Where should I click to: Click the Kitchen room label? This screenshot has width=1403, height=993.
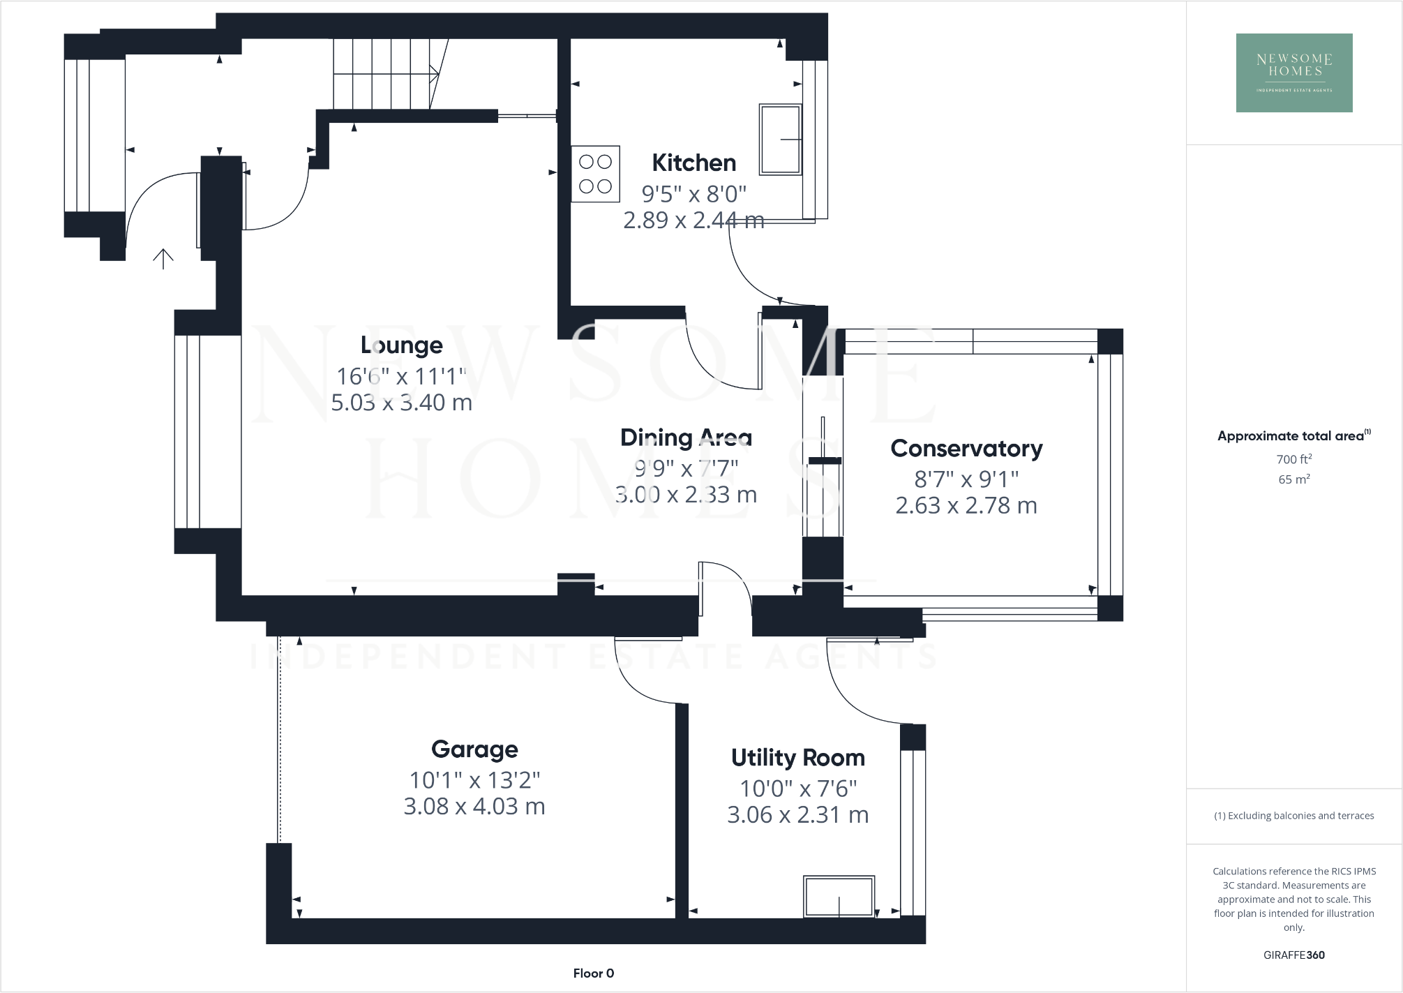pos(693,163)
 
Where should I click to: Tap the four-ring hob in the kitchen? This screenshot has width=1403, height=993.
pos(595,174)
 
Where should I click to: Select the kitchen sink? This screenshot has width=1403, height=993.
pos(780,139)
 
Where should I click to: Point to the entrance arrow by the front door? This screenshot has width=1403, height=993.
pos(163,259)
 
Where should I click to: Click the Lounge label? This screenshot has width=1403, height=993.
pos(401,345)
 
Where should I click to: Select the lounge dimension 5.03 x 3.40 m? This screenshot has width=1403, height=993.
pos(401,403)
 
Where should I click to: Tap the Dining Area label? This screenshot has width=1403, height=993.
pos(686,438)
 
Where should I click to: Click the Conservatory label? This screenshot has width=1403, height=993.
pos(966,448)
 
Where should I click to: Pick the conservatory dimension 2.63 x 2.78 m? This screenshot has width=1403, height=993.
pos(966,505)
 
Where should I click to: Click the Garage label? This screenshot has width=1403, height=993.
pos(474,749)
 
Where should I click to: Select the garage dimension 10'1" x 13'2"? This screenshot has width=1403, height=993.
pos(474,779)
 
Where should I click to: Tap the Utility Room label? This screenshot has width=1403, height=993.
pos(797,757)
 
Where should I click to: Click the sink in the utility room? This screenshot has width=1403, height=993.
pos(839,897)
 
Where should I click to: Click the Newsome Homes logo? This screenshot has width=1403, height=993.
pos(1293,73)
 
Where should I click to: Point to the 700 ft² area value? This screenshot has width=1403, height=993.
pos(1293,459)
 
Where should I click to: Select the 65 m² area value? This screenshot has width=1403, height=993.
pos(1293,479)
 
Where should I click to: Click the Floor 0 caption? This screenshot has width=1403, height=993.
pos(593,973)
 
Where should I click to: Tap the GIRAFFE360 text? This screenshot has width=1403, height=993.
pos(1293,955)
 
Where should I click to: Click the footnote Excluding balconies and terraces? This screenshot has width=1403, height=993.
pos(1293,816)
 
